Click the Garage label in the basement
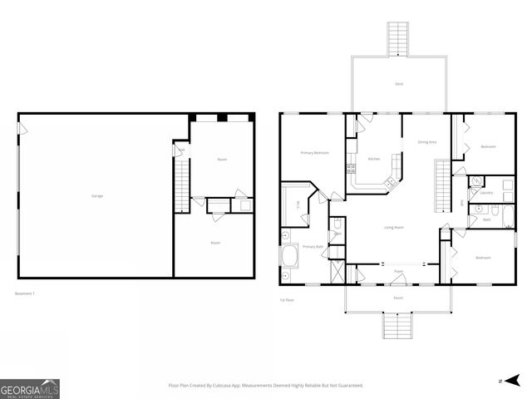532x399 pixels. pyautogui.click(x=97, y=196)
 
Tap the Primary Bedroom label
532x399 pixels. pyautogui.click(x=314, y=153)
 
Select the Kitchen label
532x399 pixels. pyautogui.click(x=374, y=159)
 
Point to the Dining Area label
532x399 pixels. pyautogui.click(x=427, y=142)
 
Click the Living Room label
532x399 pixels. pyautogui.click(x=393, y=227)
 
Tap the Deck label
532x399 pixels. pyautogui.click(x=398, y=85)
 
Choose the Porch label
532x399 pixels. pyautogui.click(x=398, y=297)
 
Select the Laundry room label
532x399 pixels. pyautogui.click(x=486, y=193)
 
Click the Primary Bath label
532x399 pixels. pyautogui.click(x=313, y=247)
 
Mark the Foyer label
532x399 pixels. pyautogui.click(x=398, y=272)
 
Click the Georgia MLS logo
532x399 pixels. pyautogui.click(x=29, y=388)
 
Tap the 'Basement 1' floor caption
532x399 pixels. pyautogui.click(x=26, y=293)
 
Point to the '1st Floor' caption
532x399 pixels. pyautogui.click(x=288, y=299)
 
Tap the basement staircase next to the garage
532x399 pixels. pyautogui.click(x=180, y=185)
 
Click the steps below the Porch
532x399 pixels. pyautogui.click(x=398, y=324)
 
